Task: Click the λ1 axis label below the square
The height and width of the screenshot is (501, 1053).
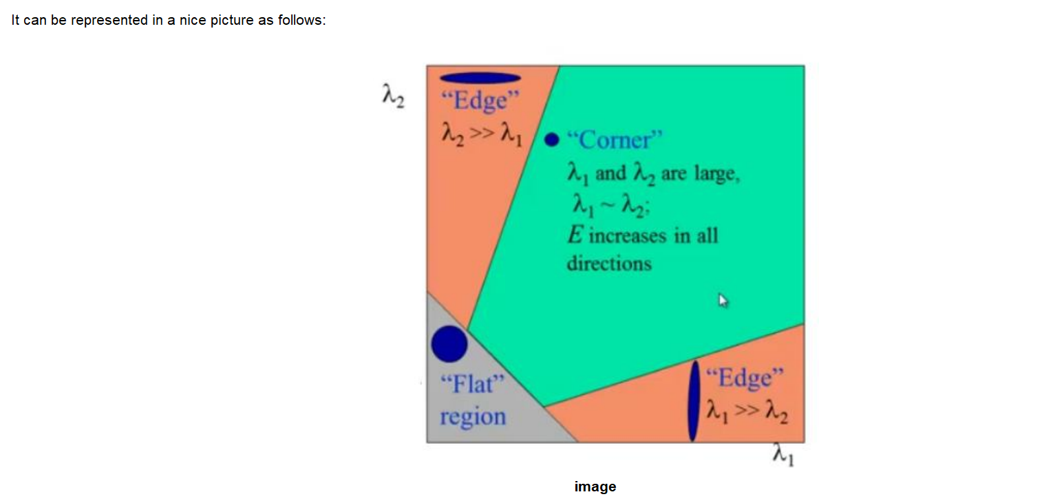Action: [783, 455]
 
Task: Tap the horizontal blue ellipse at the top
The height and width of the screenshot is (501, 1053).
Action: [480, 78]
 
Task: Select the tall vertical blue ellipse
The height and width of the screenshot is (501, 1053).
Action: [694, 401]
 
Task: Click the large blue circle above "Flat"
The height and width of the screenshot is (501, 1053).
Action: [449, 343]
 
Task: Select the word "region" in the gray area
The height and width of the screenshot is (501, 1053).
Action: [473, 416]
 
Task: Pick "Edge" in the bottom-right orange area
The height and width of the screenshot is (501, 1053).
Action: [745, 378]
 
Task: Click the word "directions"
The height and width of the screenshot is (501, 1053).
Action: [608, 264]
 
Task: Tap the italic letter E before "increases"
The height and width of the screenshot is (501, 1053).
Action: [574, 235]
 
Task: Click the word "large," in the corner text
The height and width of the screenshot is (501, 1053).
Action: [719, 174]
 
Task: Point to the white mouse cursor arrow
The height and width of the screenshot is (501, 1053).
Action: [723, 300]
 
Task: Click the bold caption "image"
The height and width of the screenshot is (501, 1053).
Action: [595, 487]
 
